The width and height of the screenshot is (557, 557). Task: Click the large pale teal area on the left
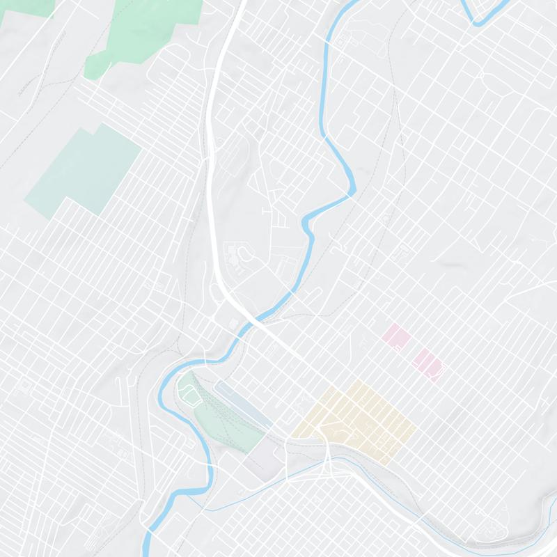84,171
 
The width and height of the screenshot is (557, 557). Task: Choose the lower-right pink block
426,362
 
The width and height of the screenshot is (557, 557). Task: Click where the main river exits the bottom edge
149,550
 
